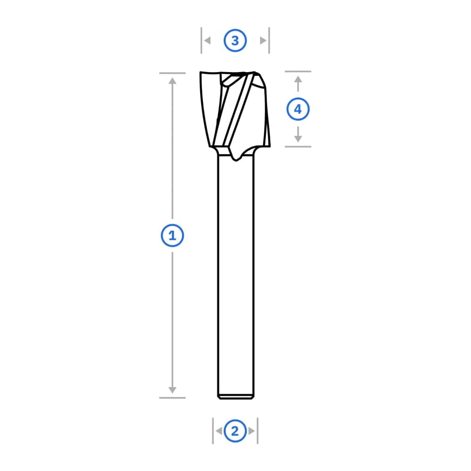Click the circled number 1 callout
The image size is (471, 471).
pyautogui.click(x=172, y=235)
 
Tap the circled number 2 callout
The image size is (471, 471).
pyautogui.click(x=235, y=431)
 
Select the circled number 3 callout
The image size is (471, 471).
pyautogui.click(x=235, y=40)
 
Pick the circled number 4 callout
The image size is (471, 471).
pyautogui.click(x=298, y=109)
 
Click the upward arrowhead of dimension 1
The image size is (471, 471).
pyautogui.click(x=172, y=81)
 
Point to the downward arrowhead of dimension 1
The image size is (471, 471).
pyautogui.click(x=172, y=390)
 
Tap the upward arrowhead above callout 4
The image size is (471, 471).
pyautogui.click(x=298, y=79)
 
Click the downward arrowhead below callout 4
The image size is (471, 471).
pyautogui.click(x=298, y=139)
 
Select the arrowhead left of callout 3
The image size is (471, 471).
pyautogui.click(x=207, y=40)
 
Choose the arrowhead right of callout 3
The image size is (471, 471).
pyautogui.click(x=263, y=40)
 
